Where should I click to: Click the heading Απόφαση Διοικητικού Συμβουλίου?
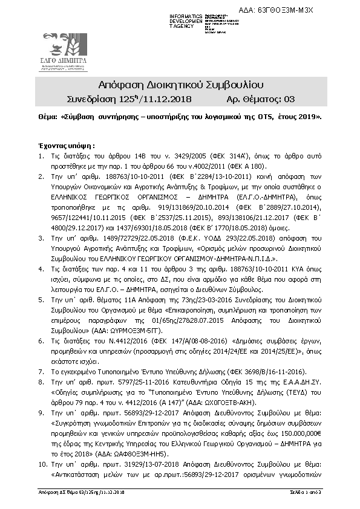click(180, 83)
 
